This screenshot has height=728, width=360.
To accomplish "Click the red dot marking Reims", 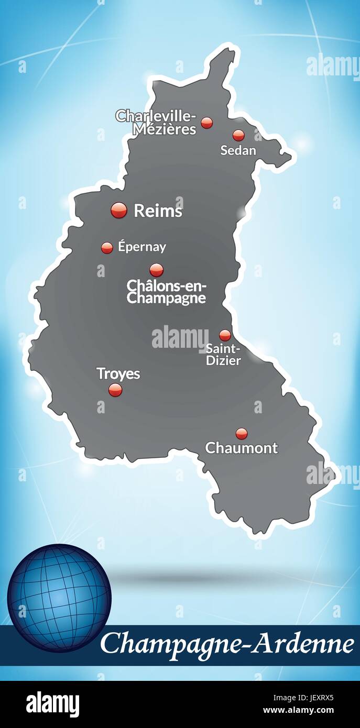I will (x=119, y=210).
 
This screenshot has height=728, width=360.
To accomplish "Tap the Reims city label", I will (x=158, y=211).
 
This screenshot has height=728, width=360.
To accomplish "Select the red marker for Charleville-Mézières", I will (x=207, y=123).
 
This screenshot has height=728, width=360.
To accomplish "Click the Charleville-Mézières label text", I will (x=156, y=122).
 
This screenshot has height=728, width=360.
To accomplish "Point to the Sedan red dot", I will (x=238, y=135).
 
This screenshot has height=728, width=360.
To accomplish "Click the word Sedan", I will (x=238, y=151).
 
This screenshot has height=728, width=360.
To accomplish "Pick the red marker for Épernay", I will (x=107, y=248).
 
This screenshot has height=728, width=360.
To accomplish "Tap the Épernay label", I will (x=141, y=247).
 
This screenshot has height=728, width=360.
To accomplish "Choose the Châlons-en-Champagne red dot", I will (x=156, y=270).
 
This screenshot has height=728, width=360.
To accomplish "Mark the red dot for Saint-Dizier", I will (x=225, y=335).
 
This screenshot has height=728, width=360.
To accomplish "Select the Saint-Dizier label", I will (x=223, y=355).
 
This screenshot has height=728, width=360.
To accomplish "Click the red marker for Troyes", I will (x=115, y=390).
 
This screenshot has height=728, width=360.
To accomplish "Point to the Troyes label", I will (x=118, y=373).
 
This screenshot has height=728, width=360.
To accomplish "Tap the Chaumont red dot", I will (x=241, y=434).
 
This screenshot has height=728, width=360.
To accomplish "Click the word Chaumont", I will (x=241, y=448).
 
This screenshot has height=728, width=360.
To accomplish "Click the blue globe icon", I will (x=59, y=598).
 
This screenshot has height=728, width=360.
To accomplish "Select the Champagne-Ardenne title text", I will (x=226, y=644).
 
